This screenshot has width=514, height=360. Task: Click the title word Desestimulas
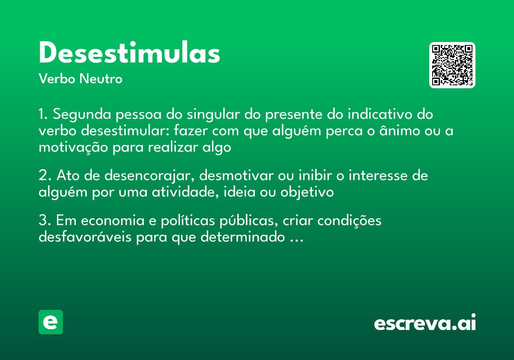coord(129,54)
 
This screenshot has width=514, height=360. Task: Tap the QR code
coord(452,65)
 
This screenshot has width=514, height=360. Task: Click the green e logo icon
coord(51,322)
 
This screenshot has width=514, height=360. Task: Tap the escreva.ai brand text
coord(425,324)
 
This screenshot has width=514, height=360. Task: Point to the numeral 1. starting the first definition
coord(44,115)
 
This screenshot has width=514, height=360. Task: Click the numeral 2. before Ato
coord(45,176)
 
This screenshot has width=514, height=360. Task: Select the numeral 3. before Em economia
coord(45,221)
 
